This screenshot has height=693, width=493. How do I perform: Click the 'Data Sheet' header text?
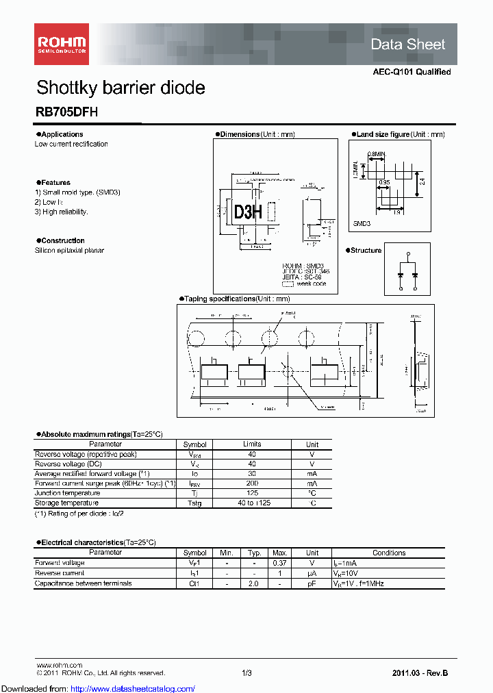407,45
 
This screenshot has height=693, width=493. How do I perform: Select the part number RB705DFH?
66,114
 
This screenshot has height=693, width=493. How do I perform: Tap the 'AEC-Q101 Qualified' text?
412,72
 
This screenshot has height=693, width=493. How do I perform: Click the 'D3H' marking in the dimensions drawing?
248,212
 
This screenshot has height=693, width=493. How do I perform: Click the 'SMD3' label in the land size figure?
362,224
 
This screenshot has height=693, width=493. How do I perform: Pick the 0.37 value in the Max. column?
279,563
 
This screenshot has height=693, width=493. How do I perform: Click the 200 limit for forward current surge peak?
252,483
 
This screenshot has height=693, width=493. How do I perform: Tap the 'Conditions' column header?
389,553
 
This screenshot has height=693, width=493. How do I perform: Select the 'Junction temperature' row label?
67,493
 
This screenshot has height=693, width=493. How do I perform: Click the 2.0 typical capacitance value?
253,583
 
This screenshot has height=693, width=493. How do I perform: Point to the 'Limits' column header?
252,444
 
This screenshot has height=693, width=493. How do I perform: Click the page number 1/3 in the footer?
246,673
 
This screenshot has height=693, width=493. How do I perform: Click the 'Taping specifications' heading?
236,299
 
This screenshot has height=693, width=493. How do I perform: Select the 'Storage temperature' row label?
67,503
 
